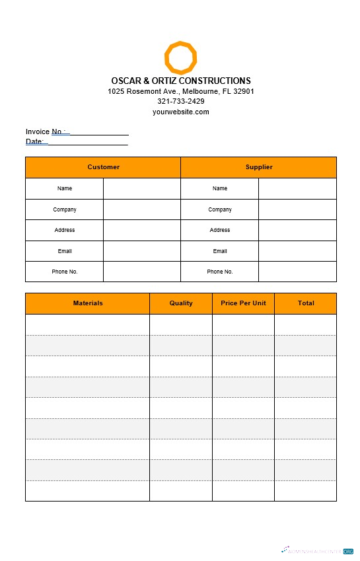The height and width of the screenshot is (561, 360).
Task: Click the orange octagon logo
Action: pyautogui.click(x=180, y=57)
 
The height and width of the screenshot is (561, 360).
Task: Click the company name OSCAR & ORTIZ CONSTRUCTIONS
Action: pyautogui.click(x=180, y=81)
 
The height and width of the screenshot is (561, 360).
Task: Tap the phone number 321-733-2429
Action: pyautogui.click(x=180, y=101)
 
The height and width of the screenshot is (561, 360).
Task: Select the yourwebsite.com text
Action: pyautogui.click(x=180, y=112)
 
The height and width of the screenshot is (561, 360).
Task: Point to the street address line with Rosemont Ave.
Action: pyautogui.click(x=180, y=91)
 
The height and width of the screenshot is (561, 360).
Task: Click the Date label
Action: pyautogui.click(x=34, y=141)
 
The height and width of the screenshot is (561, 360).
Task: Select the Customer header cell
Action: pyautogui.click(x=103, y=167)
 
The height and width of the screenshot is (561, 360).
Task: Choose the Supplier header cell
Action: pyautogui.click(x=258, y=167)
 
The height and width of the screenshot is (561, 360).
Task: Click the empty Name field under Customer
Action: pyautogui.click(x=141, y=188)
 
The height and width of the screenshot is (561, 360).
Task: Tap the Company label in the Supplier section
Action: pyautogui.click(x=220, y=209)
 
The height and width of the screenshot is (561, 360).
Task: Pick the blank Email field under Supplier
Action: pyautogui.click(x=297, y=251)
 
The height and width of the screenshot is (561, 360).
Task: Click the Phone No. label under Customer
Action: pyautogui.click(x=65, y=272)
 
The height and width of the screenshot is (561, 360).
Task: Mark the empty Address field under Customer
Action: pyautogui.click(x=141, y=230)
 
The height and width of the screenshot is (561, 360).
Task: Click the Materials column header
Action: pyautogui.click(x=87, y=303)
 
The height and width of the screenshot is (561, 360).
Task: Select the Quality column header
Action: pyautogui.click(x=181, y=303)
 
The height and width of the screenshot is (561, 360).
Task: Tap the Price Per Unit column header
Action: pyautogui.click(x=243, y=303)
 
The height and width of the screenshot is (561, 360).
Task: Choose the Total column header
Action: pyautogui.click(x=305, y=303)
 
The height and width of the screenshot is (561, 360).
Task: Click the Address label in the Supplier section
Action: pyautogui.click(x=220, y=230)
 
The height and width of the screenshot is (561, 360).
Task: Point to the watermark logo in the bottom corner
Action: pyautogui.click(x=318, y=550)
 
